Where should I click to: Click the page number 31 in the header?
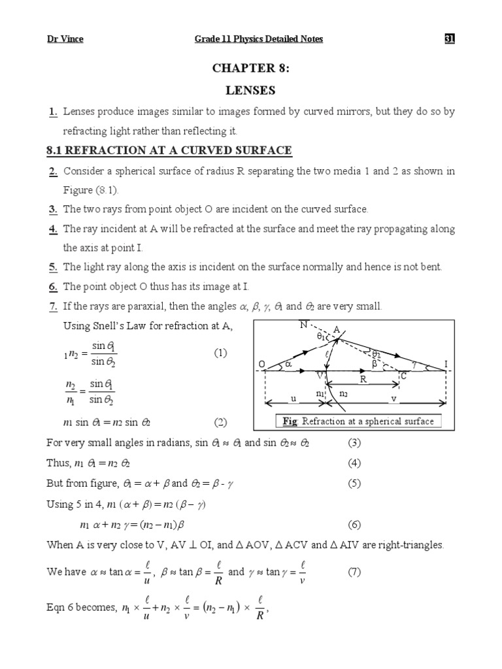coord(449,39)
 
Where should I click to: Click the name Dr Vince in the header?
coord(65,39)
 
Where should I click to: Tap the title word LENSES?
coord(251,91)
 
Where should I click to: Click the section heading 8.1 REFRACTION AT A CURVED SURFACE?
coord(169,151)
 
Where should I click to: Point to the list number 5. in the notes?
coord(52,267)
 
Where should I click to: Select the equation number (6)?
coord(354,525)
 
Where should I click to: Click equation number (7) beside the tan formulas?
coord(354,572)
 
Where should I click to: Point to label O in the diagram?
coord(262,363)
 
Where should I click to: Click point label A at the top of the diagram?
coord(336,331)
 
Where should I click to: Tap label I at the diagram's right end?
coord(446,363)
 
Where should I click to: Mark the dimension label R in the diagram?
coord(364,379)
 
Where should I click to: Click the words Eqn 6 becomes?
coord(81,608)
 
